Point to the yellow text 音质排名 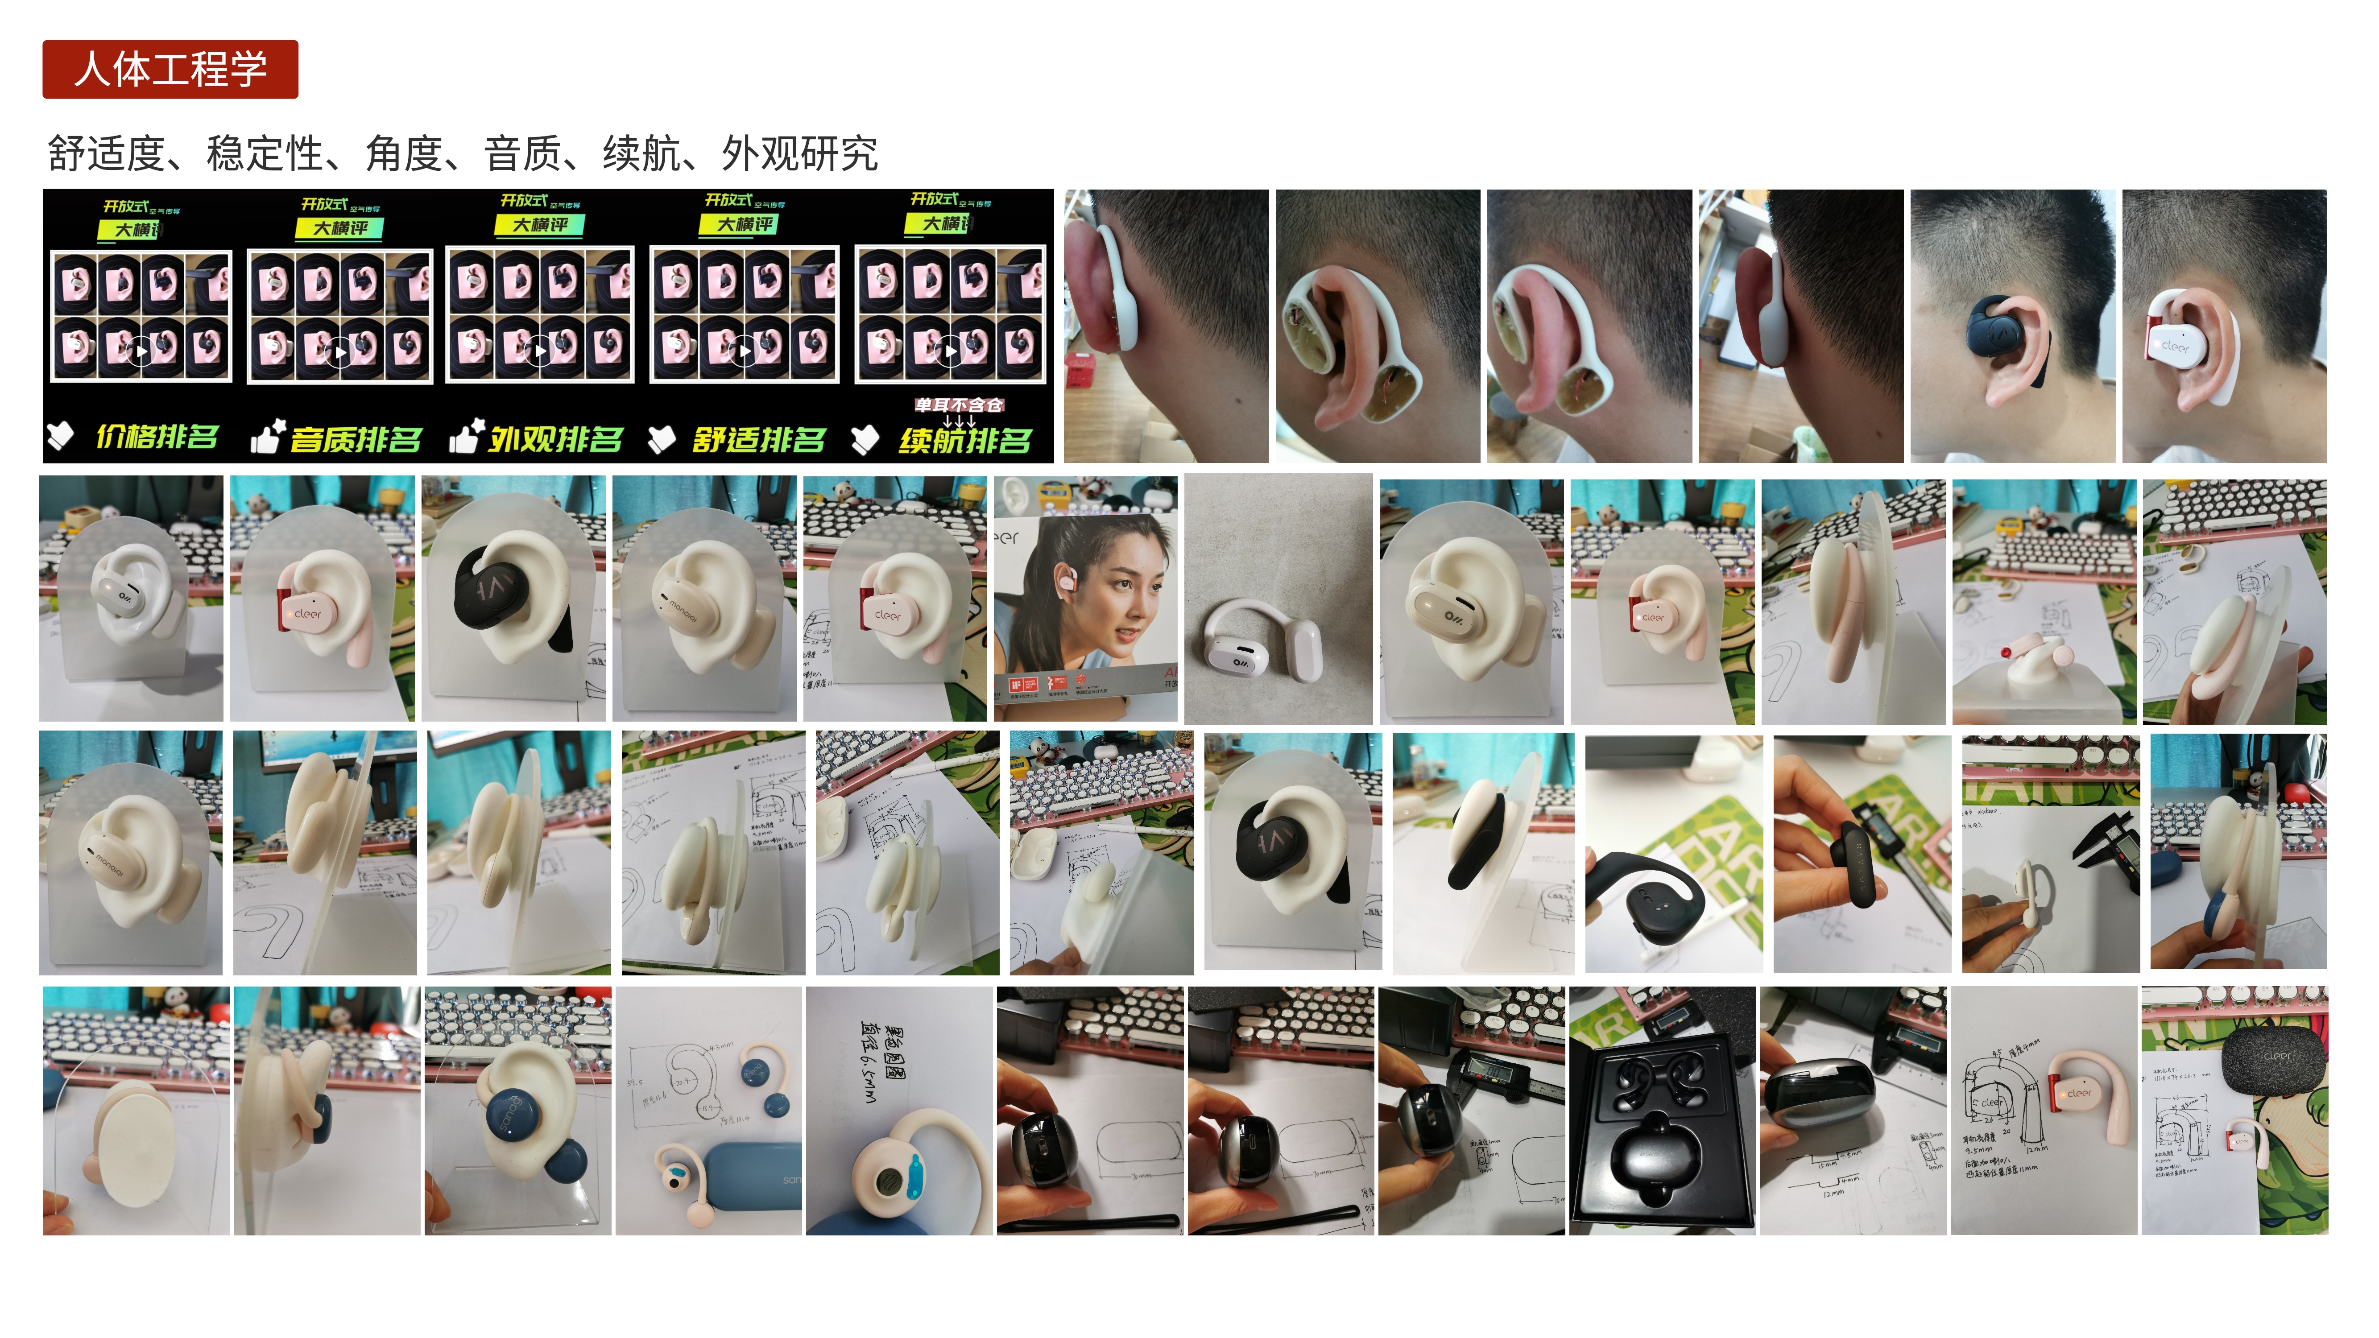[x=356, y=440]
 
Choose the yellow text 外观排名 [x=556, y=440]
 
